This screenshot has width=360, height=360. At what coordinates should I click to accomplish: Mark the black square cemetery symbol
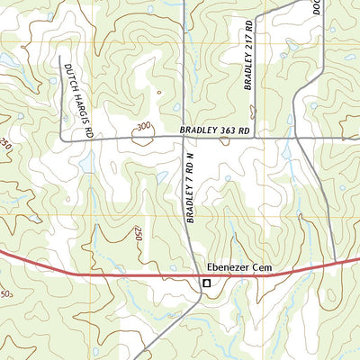click(206, 283)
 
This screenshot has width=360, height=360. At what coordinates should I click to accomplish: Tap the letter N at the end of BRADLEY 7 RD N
click(190, 158)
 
